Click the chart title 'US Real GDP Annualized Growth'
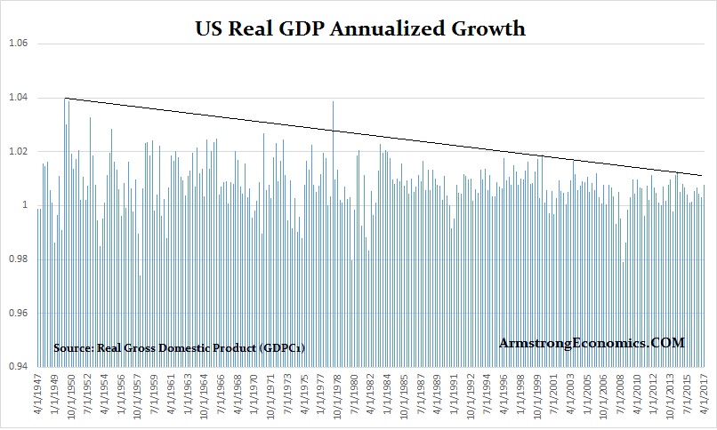359,29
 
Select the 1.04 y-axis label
17,98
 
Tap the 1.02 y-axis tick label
17,152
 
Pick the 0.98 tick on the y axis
17,259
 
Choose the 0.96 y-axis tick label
17,314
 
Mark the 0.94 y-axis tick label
17,367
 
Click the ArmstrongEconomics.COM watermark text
592,342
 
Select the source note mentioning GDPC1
179,347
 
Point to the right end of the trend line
702,175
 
